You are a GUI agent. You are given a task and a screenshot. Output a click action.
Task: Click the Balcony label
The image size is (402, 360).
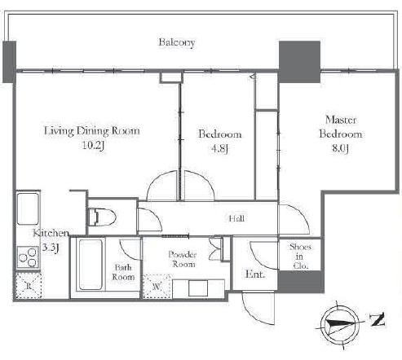tap(177, 42)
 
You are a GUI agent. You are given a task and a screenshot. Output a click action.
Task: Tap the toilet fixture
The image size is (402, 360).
tap(103, 217)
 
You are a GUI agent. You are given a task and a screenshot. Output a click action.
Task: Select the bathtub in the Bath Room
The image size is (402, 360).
tap(91, 265)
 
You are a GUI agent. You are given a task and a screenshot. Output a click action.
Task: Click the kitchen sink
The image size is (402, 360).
tap(28, 209)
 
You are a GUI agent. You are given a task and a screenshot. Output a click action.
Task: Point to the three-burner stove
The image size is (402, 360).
tap(28, 257)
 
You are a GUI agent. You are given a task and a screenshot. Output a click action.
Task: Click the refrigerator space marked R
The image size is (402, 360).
tap(29, 286)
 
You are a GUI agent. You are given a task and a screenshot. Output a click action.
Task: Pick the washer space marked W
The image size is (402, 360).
tap(156, 287)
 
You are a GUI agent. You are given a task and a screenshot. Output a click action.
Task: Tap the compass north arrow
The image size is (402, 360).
tap(340, 324)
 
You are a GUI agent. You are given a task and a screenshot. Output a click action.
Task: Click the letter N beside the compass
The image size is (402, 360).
tap(378, 320)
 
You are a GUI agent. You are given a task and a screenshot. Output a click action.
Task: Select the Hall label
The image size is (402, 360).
tap(236, 218)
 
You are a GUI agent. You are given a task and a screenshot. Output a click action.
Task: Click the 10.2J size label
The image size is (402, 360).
tap(93, 146)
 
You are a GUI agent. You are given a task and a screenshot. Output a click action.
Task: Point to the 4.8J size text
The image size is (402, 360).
tap(219, 148)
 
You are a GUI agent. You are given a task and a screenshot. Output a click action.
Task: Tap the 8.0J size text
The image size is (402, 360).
tap(340, 148)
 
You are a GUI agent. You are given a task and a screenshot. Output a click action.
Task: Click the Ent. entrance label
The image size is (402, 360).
tap(255, 274)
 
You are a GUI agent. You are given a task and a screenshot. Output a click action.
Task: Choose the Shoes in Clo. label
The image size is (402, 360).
tap(300, 257)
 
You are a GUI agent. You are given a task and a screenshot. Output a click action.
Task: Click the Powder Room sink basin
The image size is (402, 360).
tap(198, 288)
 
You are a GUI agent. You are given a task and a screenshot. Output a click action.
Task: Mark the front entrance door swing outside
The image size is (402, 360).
tap(258, 309)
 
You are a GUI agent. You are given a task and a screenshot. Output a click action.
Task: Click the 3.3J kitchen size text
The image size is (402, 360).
tap(51, 248)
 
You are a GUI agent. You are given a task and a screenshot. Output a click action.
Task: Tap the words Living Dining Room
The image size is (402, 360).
tap(92, 131)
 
